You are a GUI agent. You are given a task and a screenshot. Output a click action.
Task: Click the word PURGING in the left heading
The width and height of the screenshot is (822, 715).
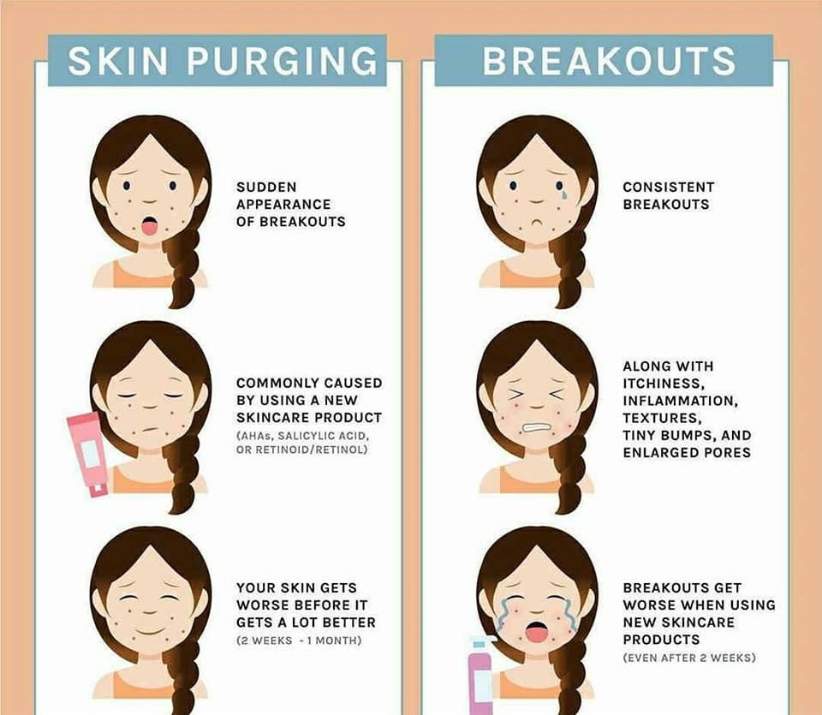click(282, 61)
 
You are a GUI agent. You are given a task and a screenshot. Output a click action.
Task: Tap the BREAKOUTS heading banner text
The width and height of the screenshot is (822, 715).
click(609, 61)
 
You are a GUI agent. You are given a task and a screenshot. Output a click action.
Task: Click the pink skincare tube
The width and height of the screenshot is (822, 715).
click(87, 454)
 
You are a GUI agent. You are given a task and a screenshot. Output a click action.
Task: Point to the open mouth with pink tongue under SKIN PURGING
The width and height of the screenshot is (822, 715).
click(149, 226)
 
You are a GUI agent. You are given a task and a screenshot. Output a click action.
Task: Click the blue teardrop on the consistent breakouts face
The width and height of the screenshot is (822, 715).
click(563, 195)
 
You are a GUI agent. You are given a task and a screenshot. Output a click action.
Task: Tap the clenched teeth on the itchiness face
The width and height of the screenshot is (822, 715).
click(535, 428)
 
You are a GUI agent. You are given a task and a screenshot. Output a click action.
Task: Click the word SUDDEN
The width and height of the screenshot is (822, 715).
click(266, 188)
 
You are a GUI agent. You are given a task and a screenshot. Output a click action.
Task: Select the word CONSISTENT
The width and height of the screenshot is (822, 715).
click(669, 188)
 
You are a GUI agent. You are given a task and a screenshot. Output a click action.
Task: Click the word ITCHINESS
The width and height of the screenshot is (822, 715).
click(664, 384)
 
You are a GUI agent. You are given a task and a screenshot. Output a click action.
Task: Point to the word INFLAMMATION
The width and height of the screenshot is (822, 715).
click(681, 401)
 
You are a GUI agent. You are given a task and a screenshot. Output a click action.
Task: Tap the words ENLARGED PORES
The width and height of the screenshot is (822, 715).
click(687, 452)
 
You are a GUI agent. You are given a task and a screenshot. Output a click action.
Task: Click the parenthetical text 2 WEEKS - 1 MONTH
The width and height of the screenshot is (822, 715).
click(299, 641)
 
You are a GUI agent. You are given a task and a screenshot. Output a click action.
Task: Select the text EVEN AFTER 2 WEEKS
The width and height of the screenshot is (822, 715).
click(689, 658)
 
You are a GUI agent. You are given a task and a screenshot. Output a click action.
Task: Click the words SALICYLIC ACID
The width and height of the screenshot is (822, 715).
click(324, 436)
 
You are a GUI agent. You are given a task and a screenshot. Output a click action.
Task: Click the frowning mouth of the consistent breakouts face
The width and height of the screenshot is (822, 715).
click(536, 223)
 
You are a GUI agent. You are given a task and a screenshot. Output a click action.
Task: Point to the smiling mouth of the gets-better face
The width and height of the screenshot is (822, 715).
click(149, 630)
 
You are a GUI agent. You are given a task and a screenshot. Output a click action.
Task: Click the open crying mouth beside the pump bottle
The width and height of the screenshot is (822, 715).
click(536, 632)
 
